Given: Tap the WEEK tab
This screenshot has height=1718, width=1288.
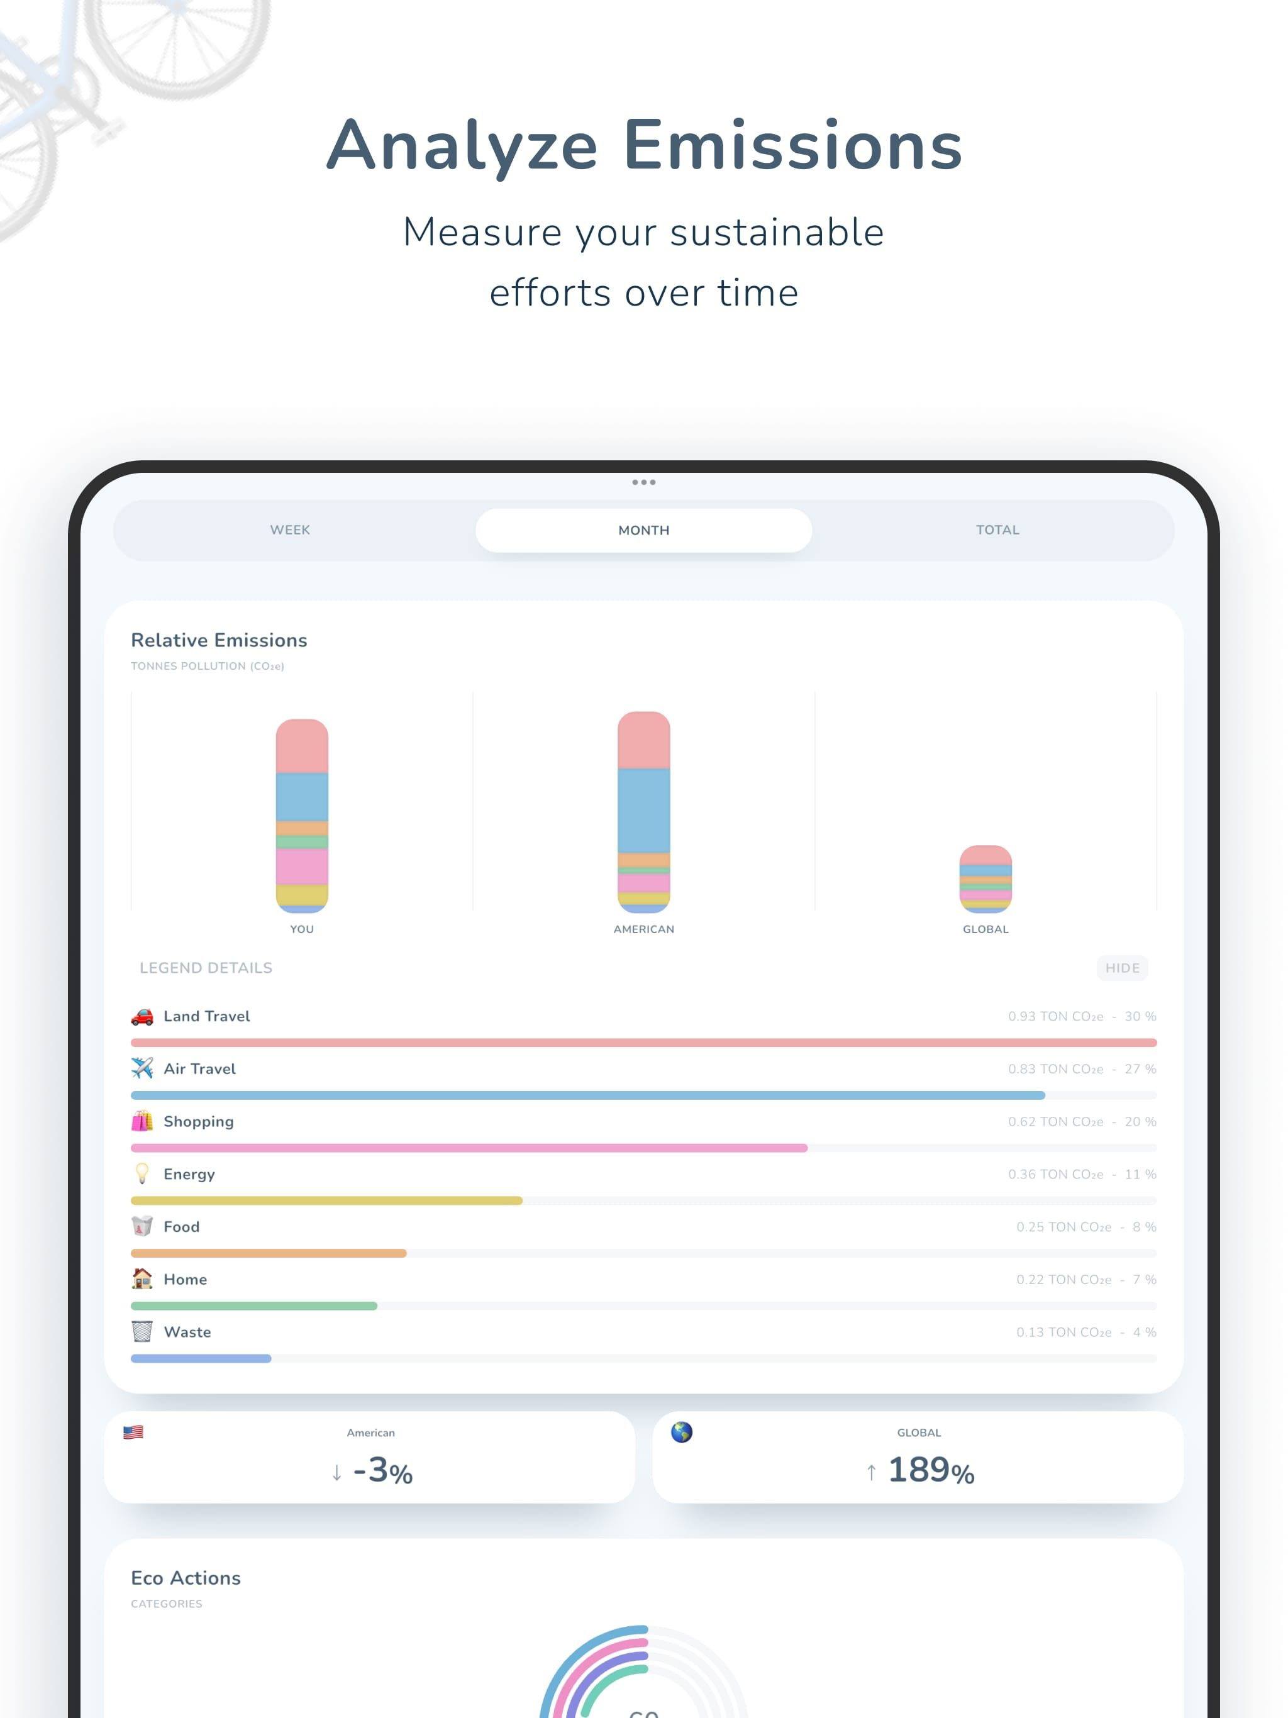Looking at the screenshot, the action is pos(290,529).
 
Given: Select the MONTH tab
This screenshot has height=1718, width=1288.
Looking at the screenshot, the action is pos(643,529).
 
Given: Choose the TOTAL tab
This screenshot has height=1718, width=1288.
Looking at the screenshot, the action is pos(997,529).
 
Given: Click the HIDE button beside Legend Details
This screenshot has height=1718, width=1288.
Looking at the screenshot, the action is pos(1122,968).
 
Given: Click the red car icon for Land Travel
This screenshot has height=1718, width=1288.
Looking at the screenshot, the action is pos(142,1016).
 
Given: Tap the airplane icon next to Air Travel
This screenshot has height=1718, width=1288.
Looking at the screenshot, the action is pos(142,1068).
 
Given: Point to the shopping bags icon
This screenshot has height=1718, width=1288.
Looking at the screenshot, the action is pos(142,1121).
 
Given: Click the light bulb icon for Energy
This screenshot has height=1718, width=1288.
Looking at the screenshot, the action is pos(142,1173).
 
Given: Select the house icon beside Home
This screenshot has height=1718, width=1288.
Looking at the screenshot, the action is pos(142,1278).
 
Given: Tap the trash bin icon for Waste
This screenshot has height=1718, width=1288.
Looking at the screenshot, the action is pos(142,1331).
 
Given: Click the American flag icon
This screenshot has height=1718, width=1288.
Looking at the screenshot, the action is pos(133,1432).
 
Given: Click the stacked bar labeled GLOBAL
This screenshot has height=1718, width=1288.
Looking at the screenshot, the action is pos(985,878).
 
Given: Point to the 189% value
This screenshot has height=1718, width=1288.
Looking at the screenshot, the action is pos(931,1470).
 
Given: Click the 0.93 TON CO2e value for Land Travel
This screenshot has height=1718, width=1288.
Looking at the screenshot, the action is pos(1055,1016).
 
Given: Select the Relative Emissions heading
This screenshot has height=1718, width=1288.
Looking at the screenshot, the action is pos(219,640).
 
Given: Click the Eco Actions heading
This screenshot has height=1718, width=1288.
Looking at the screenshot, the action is pos(186,1577).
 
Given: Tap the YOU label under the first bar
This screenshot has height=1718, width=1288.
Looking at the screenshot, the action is pos(301,929).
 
